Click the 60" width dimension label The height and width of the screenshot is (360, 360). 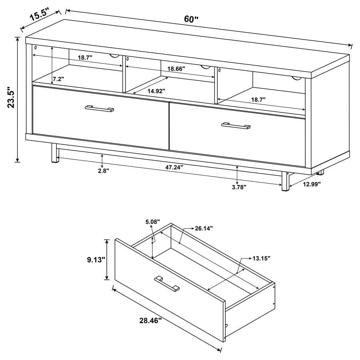(191, 19)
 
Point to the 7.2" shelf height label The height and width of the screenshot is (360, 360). (58, 79)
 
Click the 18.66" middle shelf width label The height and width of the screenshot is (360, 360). (176, 68)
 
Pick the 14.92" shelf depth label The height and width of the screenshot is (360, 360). (156, 91)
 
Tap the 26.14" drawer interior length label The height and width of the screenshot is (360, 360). (203, 228)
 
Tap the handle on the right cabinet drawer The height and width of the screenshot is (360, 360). (236, 126)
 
